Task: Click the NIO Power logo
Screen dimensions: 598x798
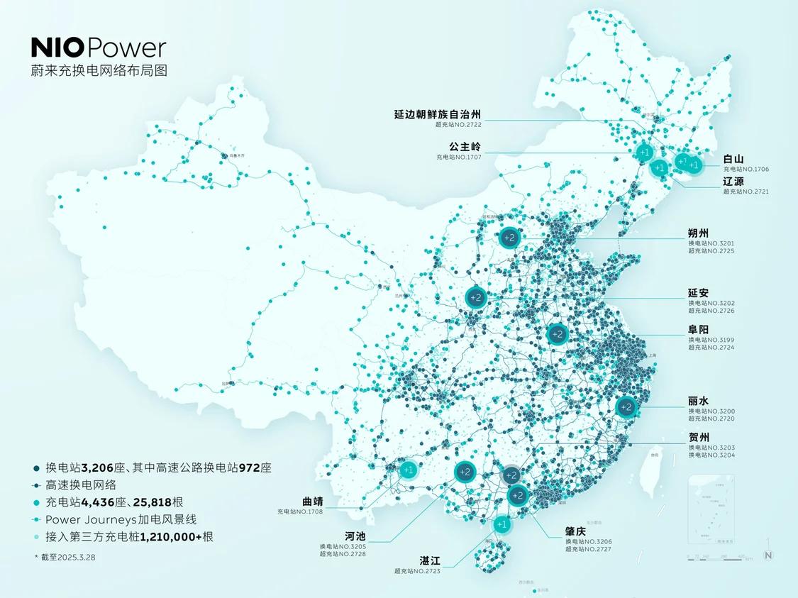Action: (99, 48)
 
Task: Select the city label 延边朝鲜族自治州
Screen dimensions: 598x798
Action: (438, 113)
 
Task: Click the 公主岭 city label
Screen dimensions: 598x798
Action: (465, 146)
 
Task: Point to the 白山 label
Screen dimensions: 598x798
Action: (734, 159)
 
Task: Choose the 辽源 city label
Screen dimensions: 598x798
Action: (734, 181)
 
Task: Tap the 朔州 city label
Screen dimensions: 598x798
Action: (698, 232)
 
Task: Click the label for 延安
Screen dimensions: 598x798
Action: (698, 293)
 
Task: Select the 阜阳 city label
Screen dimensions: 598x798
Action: (698, 329)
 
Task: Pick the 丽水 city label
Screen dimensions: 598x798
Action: (698, 400)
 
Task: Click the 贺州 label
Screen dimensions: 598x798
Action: (698, 437)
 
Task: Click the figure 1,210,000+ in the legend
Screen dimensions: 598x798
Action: (170, 537)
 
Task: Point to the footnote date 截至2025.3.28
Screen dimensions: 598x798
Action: (67, 557)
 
